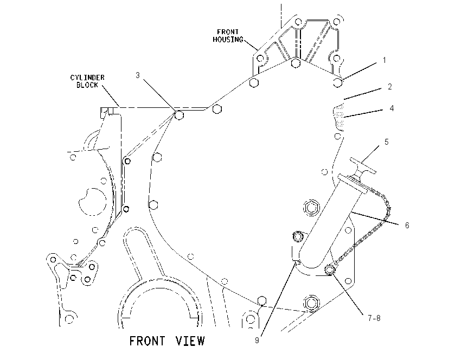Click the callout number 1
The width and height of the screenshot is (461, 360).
click(x=385, y=60)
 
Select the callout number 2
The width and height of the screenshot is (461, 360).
click(x=390, y=87)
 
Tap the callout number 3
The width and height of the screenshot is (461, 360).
click(x=138, y=75)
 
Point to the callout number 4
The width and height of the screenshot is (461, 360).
click(x=392, y=108)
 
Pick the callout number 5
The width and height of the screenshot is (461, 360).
click(x=387, y=142)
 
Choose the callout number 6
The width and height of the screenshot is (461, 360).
click(x=407, y=226)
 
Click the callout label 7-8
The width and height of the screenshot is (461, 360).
click(x=374, y=318)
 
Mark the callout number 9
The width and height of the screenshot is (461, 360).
click(x=257, y=340)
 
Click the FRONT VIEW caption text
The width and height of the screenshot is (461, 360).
click(x=167, y=341)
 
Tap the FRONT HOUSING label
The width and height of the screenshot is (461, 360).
click(x=228, y=36)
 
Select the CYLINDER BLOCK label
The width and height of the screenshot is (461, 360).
click(x=87, y=81)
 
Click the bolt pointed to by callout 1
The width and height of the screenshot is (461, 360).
click(x=338, y=82)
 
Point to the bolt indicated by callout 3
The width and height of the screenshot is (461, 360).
click(x=179, y=115)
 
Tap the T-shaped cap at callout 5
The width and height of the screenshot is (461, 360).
click(x=363, y=166)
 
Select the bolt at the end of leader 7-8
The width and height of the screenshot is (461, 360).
click(x=329, y=269)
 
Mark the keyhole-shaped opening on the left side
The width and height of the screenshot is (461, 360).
click(x=92, y=202)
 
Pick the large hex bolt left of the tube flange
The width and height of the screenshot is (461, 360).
click(x=311, y=208)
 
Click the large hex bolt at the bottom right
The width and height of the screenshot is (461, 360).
click(x=312, y=303)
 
